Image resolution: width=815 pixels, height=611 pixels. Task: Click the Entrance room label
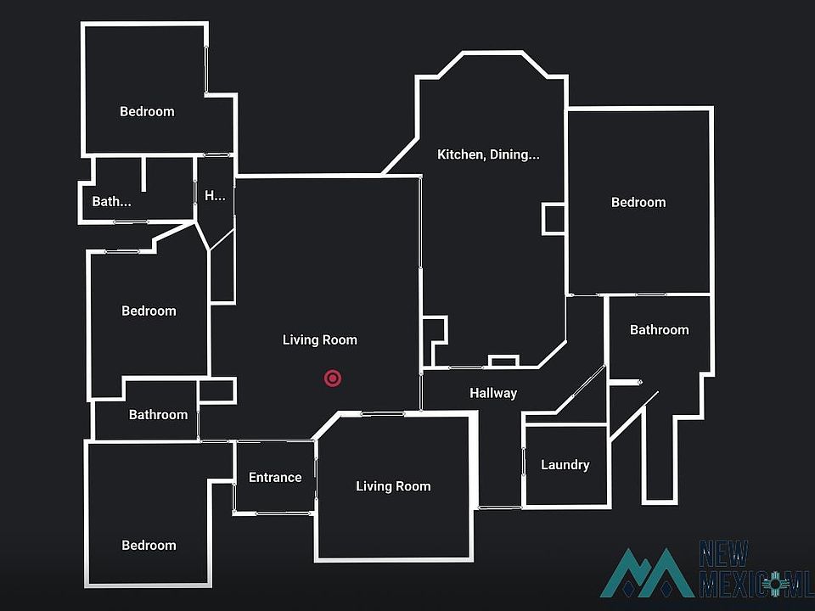[275, 478]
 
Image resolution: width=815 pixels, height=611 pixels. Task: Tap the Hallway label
[493, 393]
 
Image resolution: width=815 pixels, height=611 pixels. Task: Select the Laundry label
[565, 465]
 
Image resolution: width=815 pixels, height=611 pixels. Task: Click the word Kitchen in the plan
[461, 154]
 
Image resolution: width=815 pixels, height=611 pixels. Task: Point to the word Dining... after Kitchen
[514, 154]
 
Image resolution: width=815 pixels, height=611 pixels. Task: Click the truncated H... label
[215, 196]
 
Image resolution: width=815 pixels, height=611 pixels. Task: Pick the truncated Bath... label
[111, 202]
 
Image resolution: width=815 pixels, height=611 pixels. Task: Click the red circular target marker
[333, 378]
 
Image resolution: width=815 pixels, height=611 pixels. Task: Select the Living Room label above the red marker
[320, 339]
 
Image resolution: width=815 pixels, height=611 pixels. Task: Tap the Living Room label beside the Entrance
[393, 486]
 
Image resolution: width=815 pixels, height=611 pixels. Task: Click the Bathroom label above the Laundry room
[659, 330]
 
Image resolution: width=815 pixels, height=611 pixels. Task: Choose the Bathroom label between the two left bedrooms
[158, 415]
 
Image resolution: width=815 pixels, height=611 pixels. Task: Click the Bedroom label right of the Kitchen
[638, 203]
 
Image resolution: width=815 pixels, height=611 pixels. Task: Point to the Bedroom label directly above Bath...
[147, 112]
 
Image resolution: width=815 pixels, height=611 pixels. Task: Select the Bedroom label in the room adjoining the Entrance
[149, 546]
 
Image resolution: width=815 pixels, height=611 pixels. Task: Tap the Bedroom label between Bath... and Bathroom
[149, 311]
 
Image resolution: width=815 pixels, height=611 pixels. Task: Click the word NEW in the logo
[723, 554]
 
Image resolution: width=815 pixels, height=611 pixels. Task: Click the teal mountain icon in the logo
[647, 575]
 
